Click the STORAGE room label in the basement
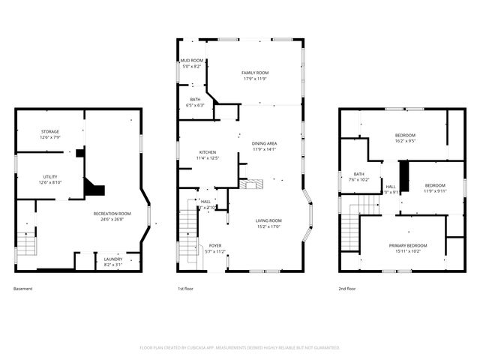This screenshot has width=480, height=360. pos(49,132)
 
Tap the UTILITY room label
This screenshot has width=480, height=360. pos(49,177)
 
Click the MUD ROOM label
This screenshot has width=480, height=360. pos(191,60)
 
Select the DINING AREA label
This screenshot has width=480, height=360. pos(264,143)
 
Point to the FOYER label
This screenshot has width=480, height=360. pos(215,245)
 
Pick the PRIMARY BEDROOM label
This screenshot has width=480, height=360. pos(408,246)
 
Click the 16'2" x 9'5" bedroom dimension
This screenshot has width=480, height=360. pos(405,140)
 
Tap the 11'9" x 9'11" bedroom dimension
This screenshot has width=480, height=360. pos(435,190)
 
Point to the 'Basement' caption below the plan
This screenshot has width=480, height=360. pos(23,289)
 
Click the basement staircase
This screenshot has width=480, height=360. pos(26,244)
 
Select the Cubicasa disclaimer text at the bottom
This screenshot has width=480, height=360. pos(240,348)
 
